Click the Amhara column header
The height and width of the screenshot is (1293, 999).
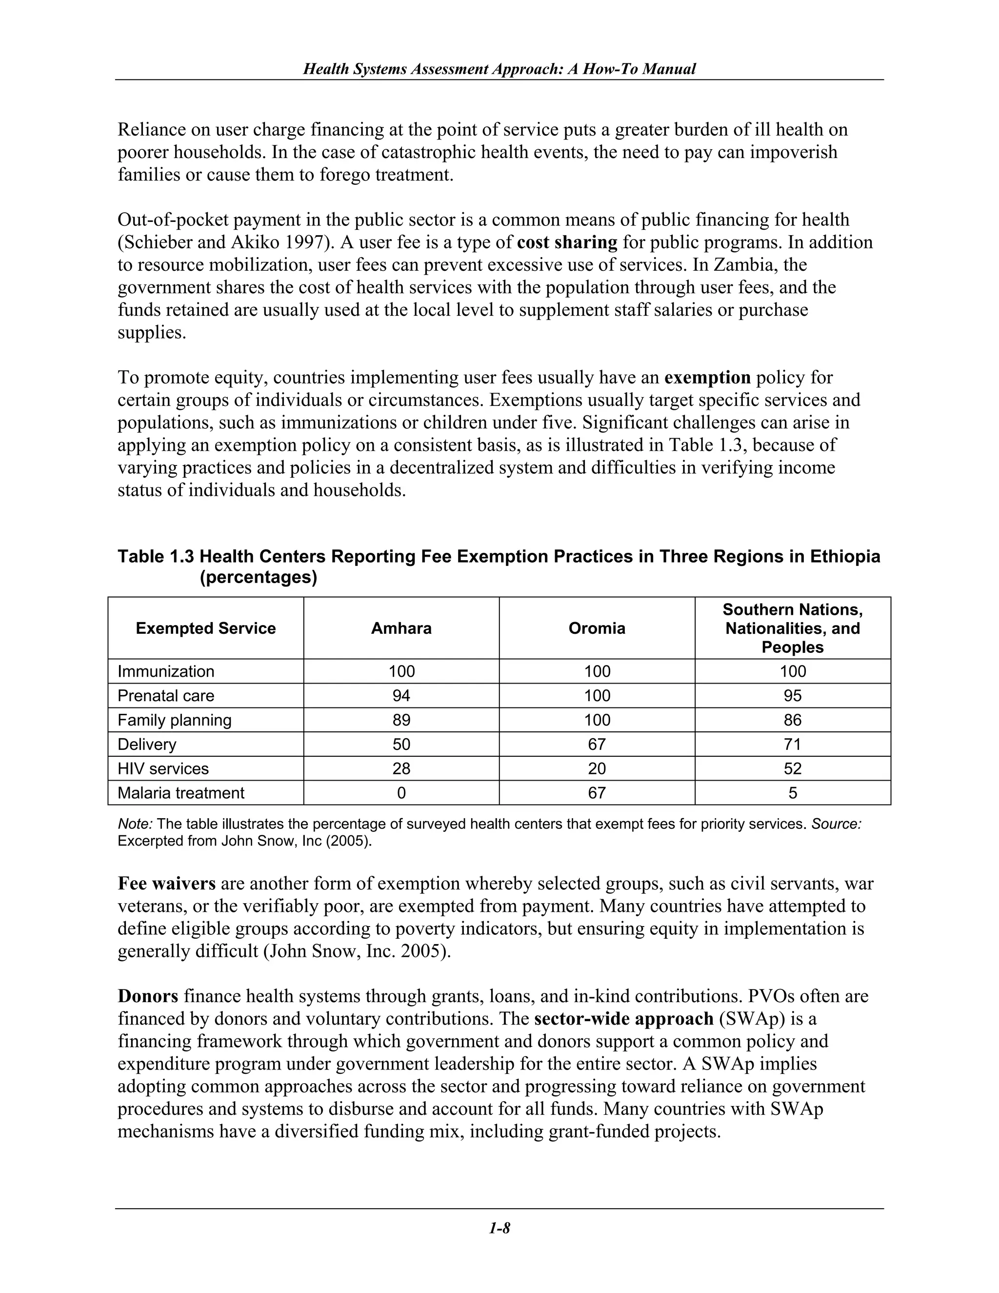(x=401, y=628)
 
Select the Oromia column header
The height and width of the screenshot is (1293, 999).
(x=597, y=628)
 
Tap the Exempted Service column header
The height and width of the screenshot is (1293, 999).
(x=205, y=628)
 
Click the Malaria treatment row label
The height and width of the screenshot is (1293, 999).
(x=180, y=793)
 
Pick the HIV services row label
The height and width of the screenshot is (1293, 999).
(x=163, y=768)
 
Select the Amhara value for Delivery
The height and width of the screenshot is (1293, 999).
(x=401, y=744)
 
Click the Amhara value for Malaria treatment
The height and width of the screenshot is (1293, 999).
(x=401, y=793)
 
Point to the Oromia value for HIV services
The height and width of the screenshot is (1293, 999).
(x=597, y=768)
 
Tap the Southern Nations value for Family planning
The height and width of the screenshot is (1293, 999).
(x=793, y=720)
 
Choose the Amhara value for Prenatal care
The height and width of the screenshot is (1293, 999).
(x=401, y=696)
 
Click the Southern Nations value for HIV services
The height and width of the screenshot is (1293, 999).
(x=793, y=768)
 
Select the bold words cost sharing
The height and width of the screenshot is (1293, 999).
(x=567, y=242)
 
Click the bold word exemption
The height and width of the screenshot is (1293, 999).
(x=707, y=378)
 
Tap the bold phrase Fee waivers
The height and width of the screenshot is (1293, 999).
(x=166, y=883)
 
